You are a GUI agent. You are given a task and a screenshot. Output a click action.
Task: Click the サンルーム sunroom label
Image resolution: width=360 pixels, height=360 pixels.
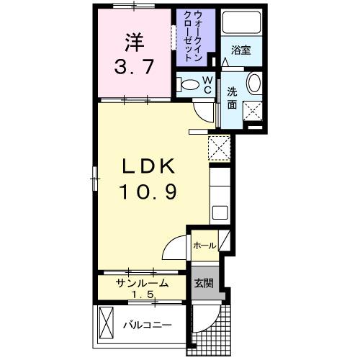coord(142,283)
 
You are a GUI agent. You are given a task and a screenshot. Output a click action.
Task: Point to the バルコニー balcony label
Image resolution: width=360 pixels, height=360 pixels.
coord(145,325)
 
